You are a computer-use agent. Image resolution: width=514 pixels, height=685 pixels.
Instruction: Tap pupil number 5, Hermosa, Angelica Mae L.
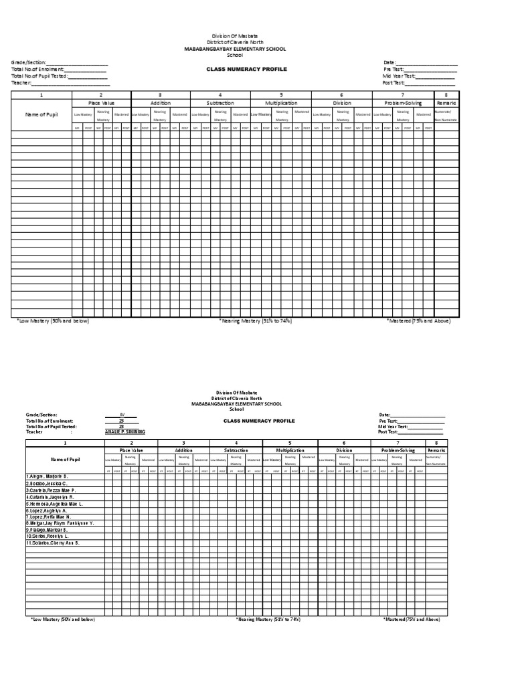[54, 503]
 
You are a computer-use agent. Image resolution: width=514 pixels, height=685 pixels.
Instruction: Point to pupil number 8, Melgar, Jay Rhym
[60, 523]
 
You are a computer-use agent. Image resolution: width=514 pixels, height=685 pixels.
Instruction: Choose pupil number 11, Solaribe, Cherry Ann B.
[54, 543]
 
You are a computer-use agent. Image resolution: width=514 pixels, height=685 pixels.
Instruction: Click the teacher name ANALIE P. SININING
[125, 432]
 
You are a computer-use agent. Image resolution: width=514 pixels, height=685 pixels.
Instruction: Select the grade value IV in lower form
[122, 415]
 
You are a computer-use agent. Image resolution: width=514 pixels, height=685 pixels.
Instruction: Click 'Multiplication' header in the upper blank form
[281, 103]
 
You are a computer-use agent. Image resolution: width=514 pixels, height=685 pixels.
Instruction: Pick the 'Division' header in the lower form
[343, 450]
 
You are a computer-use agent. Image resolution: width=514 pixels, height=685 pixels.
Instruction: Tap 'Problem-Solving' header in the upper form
[403, 103]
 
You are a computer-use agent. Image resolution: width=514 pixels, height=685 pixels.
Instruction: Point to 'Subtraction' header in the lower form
[235, 450]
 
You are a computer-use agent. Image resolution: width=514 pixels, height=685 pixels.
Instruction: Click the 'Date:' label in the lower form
[384, 415]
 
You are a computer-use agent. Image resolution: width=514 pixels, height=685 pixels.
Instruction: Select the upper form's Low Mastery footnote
[53, 321]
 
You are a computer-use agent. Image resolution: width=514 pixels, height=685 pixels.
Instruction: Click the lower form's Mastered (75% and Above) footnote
[412, 619]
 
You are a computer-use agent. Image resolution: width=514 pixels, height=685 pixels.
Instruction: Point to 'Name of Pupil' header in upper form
[41, 114]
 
